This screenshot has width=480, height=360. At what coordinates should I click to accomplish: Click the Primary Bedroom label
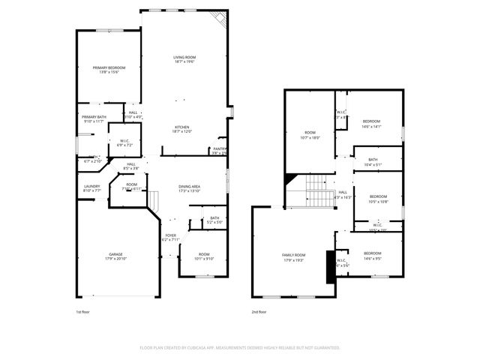(x=109, y=67)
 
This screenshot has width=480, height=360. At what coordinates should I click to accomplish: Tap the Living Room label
(x=184, y=58)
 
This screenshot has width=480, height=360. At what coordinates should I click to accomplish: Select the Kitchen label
(x=182, y=127)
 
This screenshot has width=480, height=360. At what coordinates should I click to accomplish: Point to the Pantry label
(x=220, y=148)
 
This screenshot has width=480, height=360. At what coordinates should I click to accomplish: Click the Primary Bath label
(x=94, y=117)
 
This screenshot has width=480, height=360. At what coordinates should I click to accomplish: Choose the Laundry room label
(x=92, y=186)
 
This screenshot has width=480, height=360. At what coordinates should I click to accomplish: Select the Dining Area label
(x=189, y=186)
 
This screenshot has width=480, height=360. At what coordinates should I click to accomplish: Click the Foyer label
(x=171, y=235)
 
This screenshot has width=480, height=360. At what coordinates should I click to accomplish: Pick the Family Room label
(x=294, y=255)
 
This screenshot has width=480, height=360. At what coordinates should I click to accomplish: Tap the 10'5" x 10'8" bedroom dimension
(x=378, y=201)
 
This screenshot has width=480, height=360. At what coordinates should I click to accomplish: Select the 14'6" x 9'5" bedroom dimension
(x=373, y=259)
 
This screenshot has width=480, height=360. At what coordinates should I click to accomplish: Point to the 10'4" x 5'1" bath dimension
(x=373, y=164)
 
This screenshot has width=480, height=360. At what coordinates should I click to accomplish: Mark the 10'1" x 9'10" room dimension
(x=205, y=259)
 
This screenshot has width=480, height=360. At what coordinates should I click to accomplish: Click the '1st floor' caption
(x=84, y=311)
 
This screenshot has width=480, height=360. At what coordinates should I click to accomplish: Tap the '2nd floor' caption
(x=259, y=311)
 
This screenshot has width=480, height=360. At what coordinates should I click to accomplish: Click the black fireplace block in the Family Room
(x=330, y=265)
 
